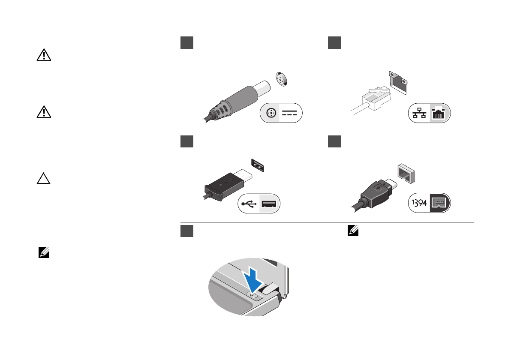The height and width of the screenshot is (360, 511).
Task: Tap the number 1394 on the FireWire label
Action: tap(418, 204)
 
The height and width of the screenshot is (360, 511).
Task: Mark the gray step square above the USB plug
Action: tap(186, 141)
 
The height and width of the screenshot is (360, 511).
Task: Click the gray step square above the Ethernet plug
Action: tap(334, 42)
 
